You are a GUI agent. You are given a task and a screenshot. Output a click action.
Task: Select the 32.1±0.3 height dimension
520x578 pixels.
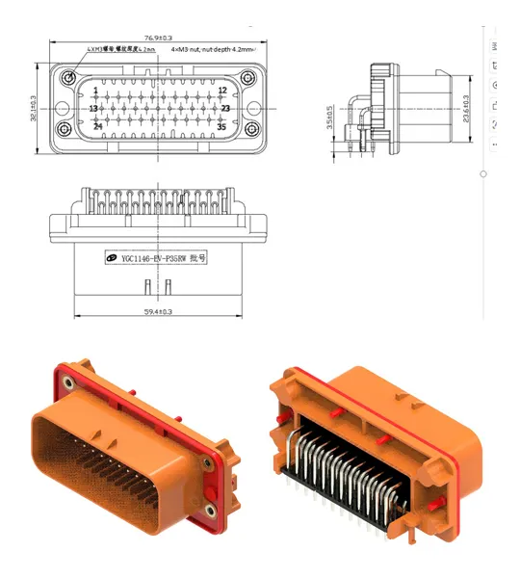click(x=32, y=109)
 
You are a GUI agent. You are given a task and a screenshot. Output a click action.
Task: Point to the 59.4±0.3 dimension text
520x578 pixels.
click(x=158, y=311)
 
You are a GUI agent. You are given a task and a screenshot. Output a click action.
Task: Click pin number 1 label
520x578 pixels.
click(x=95, y=91)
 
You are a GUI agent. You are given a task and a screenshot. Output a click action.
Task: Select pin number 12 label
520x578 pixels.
click(x=221, y=91)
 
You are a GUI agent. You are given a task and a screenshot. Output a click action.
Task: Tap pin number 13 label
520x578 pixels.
click(x=94, y=109)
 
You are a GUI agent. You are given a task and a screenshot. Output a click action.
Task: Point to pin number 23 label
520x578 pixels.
click(x=224, y=109)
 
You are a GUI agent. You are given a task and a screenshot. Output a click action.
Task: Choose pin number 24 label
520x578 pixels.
click(x=97, y=126)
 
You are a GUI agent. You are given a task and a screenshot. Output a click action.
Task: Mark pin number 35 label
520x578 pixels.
click(x=221, y=126)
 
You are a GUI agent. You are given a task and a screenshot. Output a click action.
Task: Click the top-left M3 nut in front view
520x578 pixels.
click(x=68, y=77)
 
